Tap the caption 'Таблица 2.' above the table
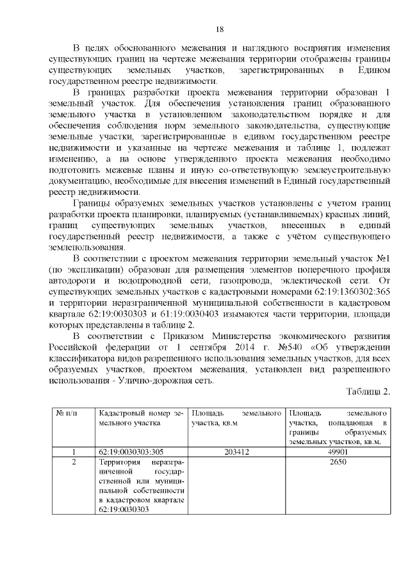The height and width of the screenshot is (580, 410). click(368, 392)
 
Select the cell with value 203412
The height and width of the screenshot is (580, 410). click(237, 452)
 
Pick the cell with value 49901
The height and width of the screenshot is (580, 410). click(338, 452)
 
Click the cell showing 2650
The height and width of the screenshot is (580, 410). click(338, 462)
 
